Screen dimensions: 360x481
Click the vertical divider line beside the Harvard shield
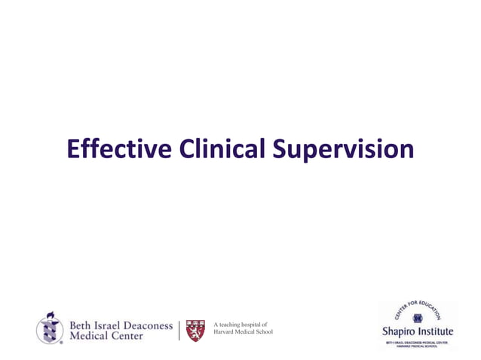pyautogui.click(x=179, y=329)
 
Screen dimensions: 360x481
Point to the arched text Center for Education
pyautogui.click(x=419, y=308)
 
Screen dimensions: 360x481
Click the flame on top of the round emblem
pyautogui.click(x=51, y=314)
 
